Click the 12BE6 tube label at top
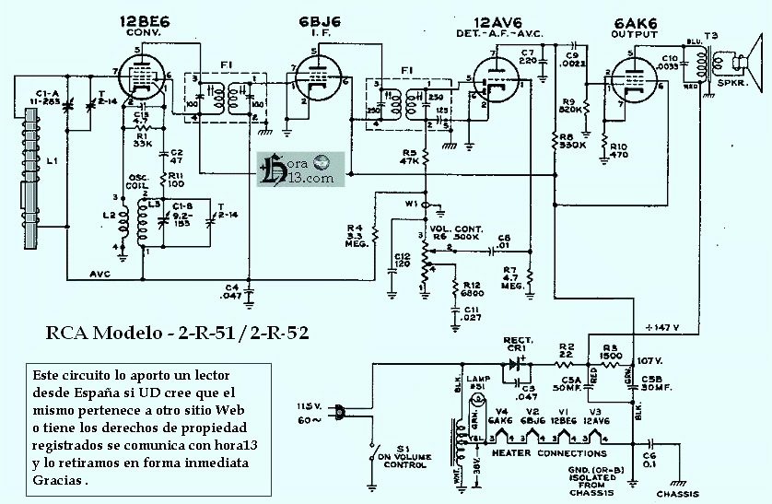(141, 21)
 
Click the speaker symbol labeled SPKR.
(743, 65)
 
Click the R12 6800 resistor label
(474, 290)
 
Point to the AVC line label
(101, 274)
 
